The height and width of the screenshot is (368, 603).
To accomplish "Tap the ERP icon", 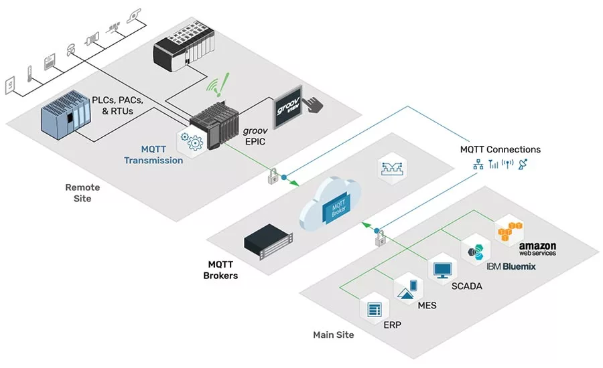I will coord(373,309).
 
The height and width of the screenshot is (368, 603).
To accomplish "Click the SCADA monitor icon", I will coord(443,269).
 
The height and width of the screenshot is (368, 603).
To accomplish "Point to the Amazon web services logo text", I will coord(538,249).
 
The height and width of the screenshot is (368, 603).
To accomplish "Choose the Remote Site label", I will coord(78,193).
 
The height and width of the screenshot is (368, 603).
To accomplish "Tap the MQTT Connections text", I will coord(500,149).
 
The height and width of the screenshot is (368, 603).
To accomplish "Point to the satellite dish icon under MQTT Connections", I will coord(523,163).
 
